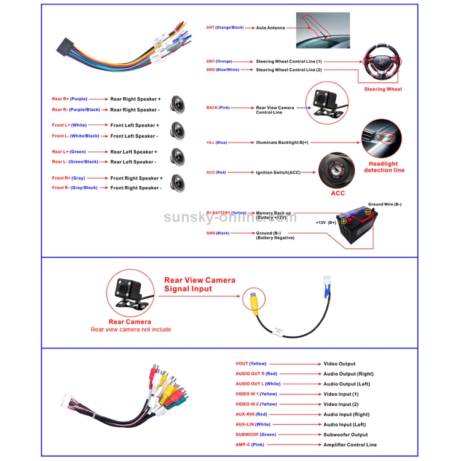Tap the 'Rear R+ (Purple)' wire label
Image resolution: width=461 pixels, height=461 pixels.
coord(69,99)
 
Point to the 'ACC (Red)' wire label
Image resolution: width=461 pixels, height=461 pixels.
coord(216,173)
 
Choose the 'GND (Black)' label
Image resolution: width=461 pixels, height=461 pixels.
coord(218,234)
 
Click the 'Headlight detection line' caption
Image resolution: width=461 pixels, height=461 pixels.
coord(384,167)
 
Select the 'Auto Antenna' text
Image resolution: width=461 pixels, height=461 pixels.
coord(270,28)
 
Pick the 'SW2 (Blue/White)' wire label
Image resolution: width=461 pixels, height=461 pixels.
coord(222,70)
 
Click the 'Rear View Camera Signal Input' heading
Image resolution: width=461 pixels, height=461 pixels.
coord(200,284)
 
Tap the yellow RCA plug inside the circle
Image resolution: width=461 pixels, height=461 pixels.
coord(254,301)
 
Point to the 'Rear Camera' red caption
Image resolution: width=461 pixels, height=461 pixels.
coord(130,321)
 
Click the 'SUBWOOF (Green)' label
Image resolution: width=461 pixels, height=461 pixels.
coord(256,435)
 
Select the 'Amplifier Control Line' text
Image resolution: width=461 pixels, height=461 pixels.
coord(350,445)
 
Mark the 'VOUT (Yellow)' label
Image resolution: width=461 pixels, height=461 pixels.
coord(251,364)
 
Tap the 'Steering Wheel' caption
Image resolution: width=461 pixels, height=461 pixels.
coord(383,90)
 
